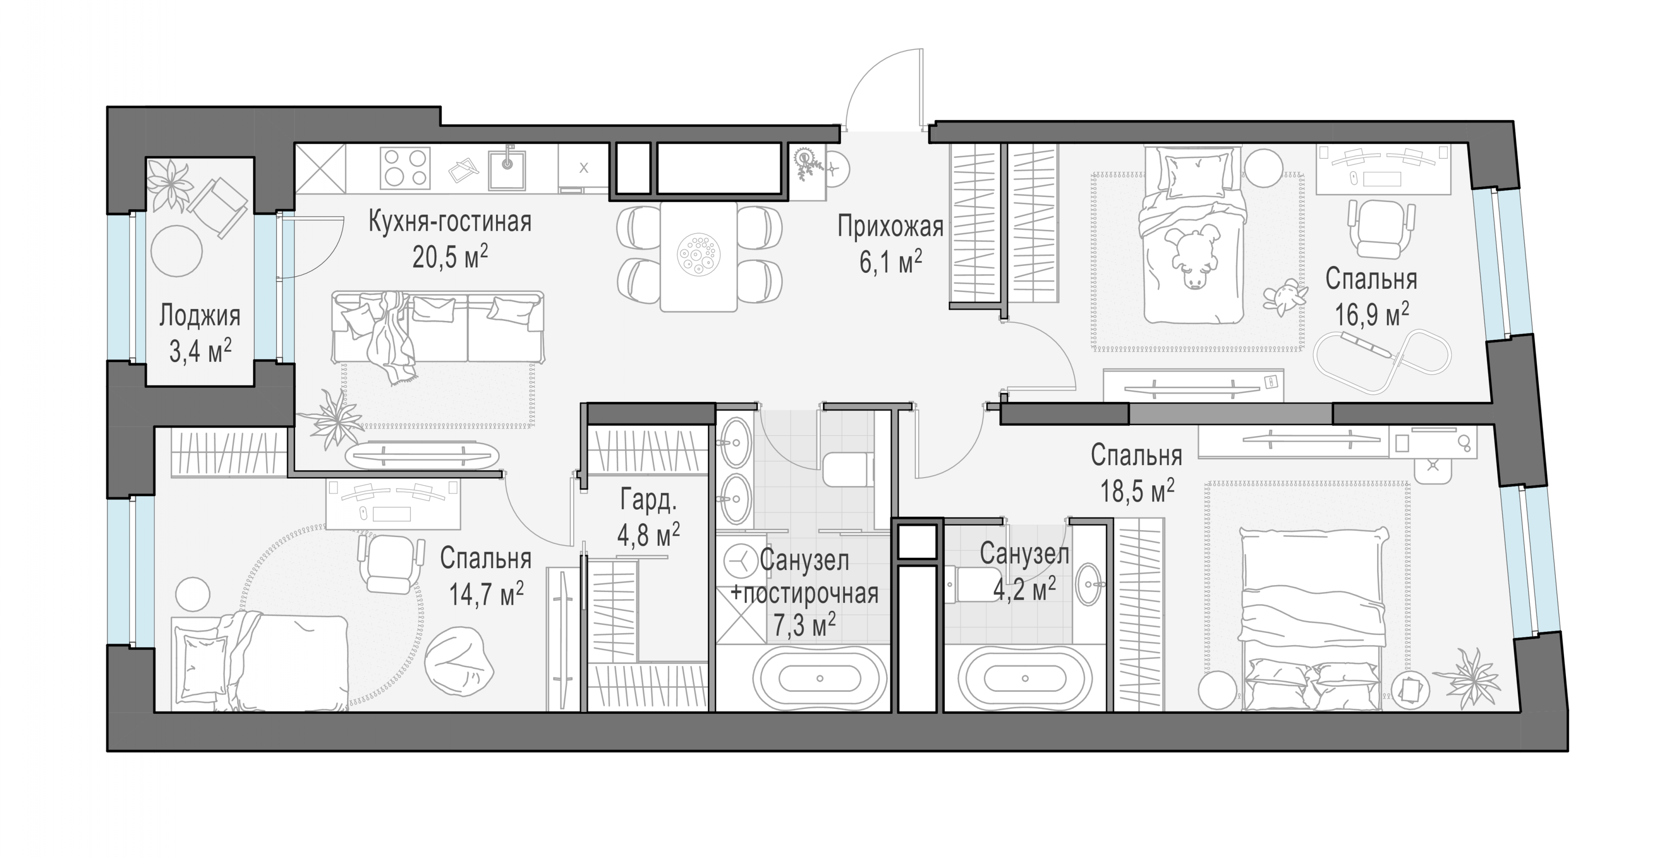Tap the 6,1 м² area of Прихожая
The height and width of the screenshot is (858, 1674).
click(x=890, y=263)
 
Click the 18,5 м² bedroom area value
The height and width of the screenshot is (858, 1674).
click(x=1137, y=491)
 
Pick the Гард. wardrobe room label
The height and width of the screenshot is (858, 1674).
click(x=648, y=500)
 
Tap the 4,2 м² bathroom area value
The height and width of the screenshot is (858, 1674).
click(x=1024, y=589)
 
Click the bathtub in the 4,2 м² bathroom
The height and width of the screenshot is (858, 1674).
click(x=1025, y=679)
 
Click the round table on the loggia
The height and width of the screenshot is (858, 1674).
click(x=176, y=251)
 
